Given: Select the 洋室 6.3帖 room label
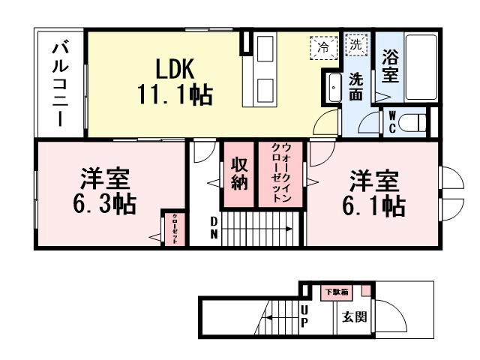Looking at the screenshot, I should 105,193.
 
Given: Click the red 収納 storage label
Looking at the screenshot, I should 239,175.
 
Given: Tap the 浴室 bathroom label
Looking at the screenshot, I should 389,67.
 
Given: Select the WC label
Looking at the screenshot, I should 391,121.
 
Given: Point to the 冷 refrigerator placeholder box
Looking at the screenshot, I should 323,46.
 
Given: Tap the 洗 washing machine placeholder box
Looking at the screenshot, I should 356,45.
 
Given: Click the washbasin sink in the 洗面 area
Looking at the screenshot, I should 332,88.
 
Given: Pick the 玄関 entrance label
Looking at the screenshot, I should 355,317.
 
